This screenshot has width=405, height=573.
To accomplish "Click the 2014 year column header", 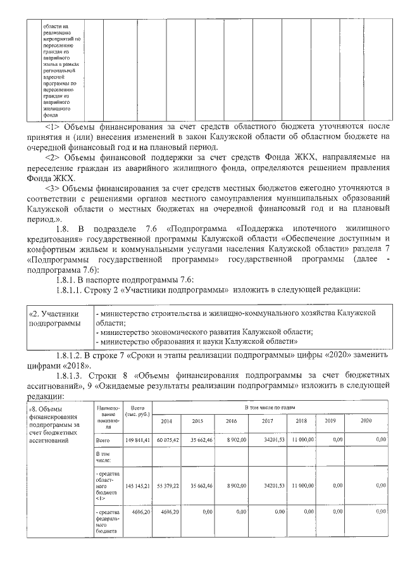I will (x=166, y=420).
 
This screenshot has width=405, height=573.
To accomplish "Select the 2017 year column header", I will (x=268, y=420).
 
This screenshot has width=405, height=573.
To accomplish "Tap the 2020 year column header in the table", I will (x=366, y=420).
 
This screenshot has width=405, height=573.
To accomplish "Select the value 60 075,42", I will (x=168, y=439).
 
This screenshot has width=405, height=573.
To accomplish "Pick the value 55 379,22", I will (x=168, y=486).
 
